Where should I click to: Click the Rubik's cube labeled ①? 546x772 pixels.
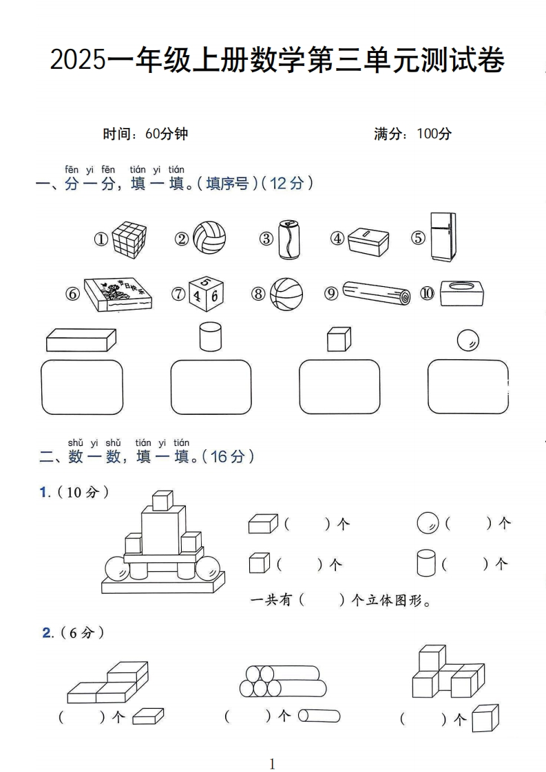point(130,239)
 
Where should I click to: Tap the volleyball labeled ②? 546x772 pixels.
point(209,238)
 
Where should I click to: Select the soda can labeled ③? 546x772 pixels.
point(288,239)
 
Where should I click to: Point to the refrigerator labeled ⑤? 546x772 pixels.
point(443,237)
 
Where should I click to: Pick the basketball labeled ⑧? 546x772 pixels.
point(286,294)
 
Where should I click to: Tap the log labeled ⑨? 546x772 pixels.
point(377,294)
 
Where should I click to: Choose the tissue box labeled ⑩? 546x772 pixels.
point(461,294)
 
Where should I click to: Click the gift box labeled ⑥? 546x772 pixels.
point(118,294)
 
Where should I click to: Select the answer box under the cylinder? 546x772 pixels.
point(211,387)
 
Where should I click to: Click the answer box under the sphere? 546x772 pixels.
point(468,387)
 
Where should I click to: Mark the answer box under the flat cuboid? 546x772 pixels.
point(82,387)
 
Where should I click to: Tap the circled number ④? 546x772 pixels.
point(337,239)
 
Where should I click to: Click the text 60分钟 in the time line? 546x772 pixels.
point(167,134)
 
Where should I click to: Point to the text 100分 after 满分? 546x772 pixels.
point(434,134)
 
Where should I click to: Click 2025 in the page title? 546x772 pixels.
point(78,62)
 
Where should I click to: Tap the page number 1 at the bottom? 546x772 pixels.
point(273,763)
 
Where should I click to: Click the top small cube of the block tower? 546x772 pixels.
point(162,500)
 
